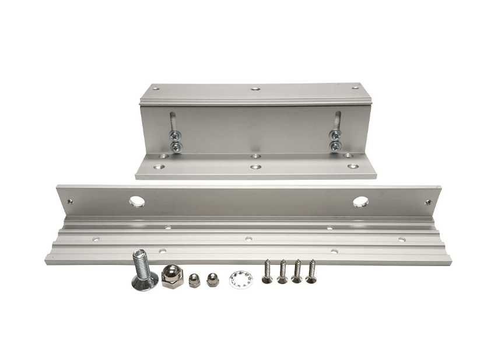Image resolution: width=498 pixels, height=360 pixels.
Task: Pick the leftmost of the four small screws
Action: [268, 272]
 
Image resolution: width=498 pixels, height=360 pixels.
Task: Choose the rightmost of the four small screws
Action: [311, 272]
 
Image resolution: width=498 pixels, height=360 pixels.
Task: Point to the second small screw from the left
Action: [282, 272]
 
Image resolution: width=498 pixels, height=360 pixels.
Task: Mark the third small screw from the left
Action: [297, 272]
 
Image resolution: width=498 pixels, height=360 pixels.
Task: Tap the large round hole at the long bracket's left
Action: [137, 201]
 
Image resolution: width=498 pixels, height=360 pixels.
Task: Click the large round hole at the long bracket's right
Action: [360, 201]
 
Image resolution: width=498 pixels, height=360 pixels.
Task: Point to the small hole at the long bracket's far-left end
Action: [71, 201]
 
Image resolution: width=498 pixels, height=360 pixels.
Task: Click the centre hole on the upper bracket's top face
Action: [255, 89]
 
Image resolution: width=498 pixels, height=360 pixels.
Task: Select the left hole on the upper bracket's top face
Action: [156, 88]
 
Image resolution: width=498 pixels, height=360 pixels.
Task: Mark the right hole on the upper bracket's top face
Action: [355, 88]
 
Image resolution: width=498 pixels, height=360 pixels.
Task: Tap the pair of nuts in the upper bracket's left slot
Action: [174, 141]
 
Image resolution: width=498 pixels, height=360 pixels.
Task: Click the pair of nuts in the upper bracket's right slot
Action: [335, 142]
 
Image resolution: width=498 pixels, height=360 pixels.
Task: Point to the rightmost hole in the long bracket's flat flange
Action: [401, 239]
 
